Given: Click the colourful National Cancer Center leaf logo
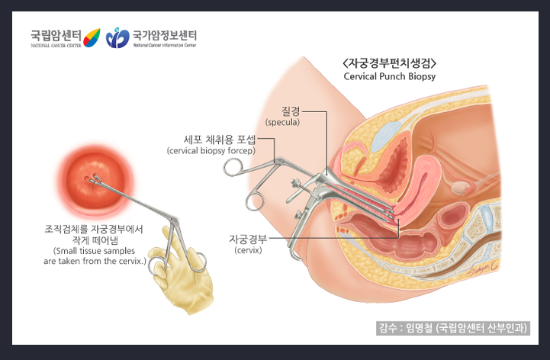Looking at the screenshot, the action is click(92, 37).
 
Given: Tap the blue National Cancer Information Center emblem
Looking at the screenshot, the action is click(117, 37).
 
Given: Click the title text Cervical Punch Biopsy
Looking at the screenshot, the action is click(389, 76).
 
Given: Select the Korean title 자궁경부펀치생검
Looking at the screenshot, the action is click(389, 63).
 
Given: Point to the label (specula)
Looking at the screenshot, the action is click(282, 123).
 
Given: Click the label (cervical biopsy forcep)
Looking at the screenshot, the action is click(211, 151).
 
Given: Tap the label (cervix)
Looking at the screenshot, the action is click(248, 250).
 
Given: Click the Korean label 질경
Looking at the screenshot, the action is click(291, 111).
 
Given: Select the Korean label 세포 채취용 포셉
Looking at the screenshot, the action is click(220, 140).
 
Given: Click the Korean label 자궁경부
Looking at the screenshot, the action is click(248, 239).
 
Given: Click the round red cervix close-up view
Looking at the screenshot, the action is click(95, 180).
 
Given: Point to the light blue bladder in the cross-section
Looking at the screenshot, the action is click(385, 135).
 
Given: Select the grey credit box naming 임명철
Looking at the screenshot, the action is click(453, 328).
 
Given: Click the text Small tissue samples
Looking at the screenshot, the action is click(94, 251).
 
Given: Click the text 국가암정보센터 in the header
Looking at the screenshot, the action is click(165, 35).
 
